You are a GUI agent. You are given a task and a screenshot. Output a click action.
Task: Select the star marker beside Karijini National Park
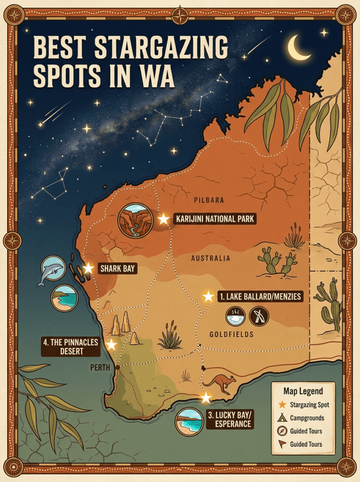[x=163, y=219]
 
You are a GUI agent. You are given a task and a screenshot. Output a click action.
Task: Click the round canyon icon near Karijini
[x=136, y=221]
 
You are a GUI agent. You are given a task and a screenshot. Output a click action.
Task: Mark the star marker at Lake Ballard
[x=208, y=296]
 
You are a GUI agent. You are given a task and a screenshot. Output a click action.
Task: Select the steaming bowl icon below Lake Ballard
[x=235, y=316]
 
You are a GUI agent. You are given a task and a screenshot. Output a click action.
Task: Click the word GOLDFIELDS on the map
[x=232, y=334]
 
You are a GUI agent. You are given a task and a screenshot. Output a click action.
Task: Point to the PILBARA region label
[x=209, y=200]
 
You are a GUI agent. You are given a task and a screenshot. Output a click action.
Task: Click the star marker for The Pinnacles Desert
[x=112, y=345]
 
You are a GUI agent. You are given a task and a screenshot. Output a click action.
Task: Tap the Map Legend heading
[x=303, y=391]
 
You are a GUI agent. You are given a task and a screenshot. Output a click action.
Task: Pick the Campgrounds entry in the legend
[x=307, y=418]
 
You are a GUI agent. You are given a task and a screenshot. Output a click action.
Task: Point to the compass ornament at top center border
[x=180, y=15]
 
